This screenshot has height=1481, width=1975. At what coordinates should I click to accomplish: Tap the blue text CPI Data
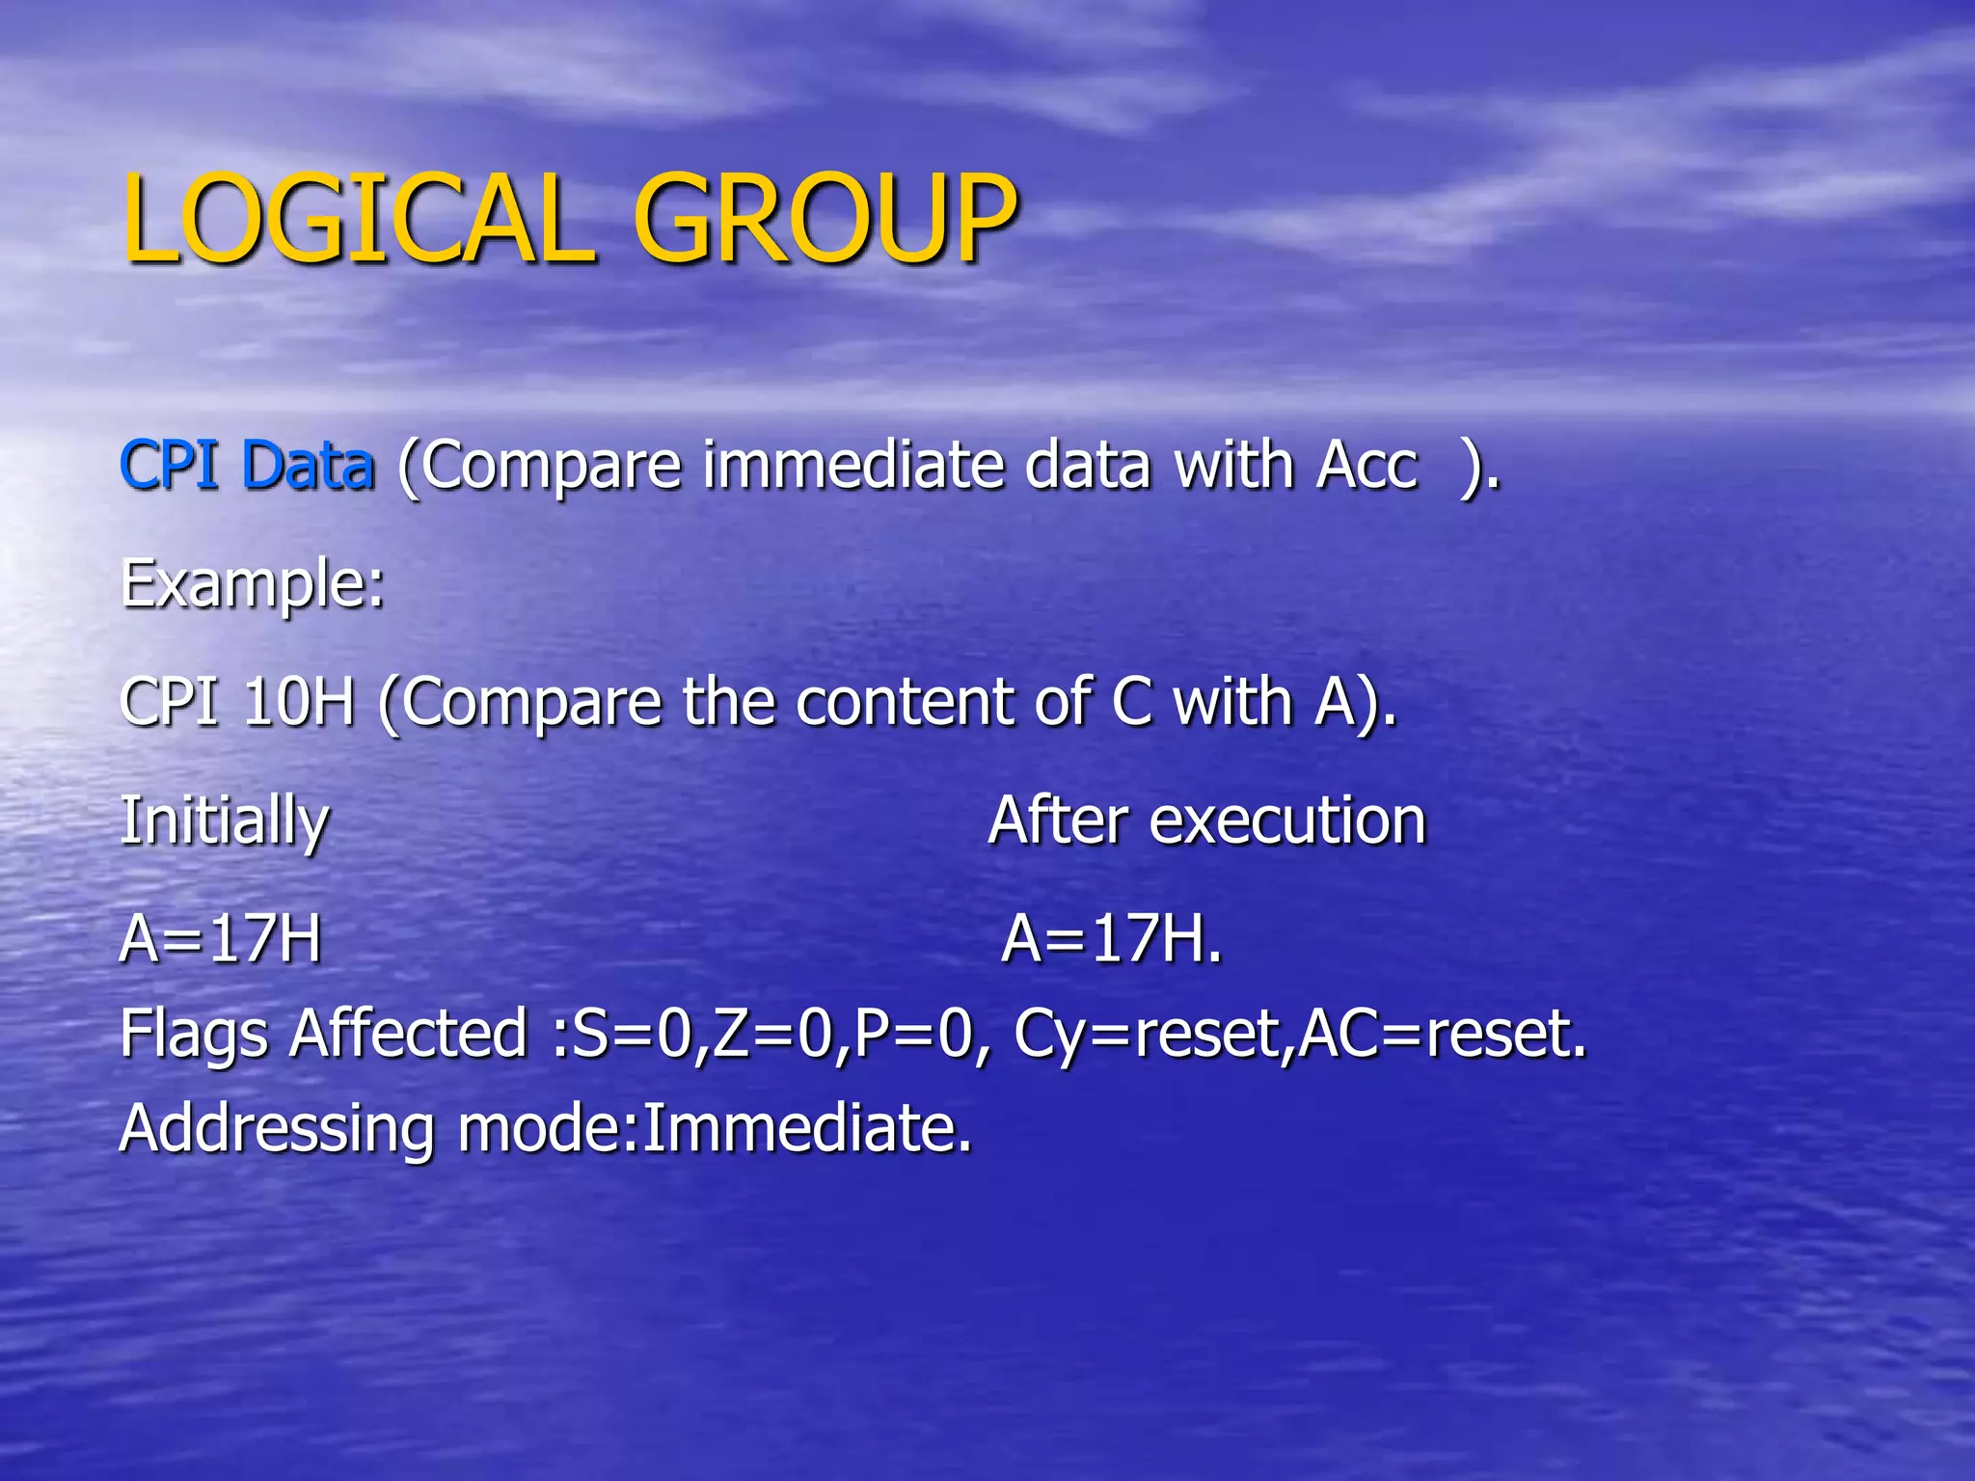[247, 465]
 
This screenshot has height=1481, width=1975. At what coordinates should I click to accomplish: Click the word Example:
[253, 584]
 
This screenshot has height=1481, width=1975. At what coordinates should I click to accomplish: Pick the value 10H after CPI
[299, 702]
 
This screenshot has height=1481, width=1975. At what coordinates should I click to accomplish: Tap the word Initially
[225, 821]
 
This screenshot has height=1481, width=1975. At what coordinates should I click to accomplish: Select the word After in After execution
[1057, 821]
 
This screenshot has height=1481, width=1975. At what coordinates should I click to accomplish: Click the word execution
[1287, 821]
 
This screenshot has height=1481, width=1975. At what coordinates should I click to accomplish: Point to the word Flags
[193, 1034]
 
